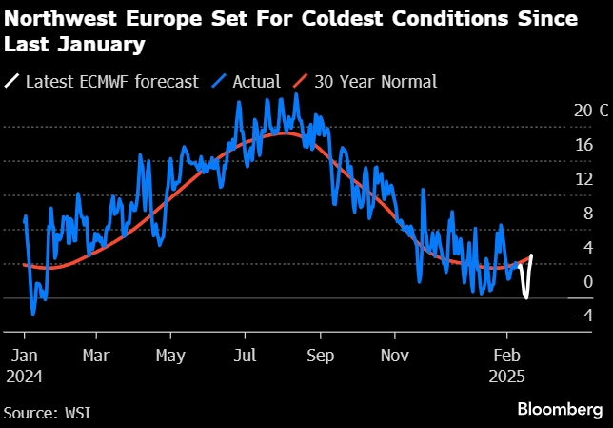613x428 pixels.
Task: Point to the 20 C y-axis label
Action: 590,111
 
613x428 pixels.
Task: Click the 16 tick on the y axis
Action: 583,145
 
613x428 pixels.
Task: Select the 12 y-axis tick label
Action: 583,179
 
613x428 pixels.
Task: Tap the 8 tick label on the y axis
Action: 587,214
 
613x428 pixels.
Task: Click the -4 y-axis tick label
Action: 584,316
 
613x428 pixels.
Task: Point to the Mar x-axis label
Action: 96,356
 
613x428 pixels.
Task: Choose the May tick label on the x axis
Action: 170,356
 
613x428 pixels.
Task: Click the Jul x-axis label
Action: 246,356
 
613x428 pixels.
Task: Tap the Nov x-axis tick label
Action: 395,356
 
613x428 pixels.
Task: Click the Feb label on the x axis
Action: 507,356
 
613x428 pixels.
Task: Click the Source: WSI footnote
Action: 52,411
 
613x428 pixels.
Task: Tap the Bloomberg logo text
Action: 560,409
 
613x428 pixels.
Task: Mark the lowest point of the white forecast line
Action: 526,297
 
